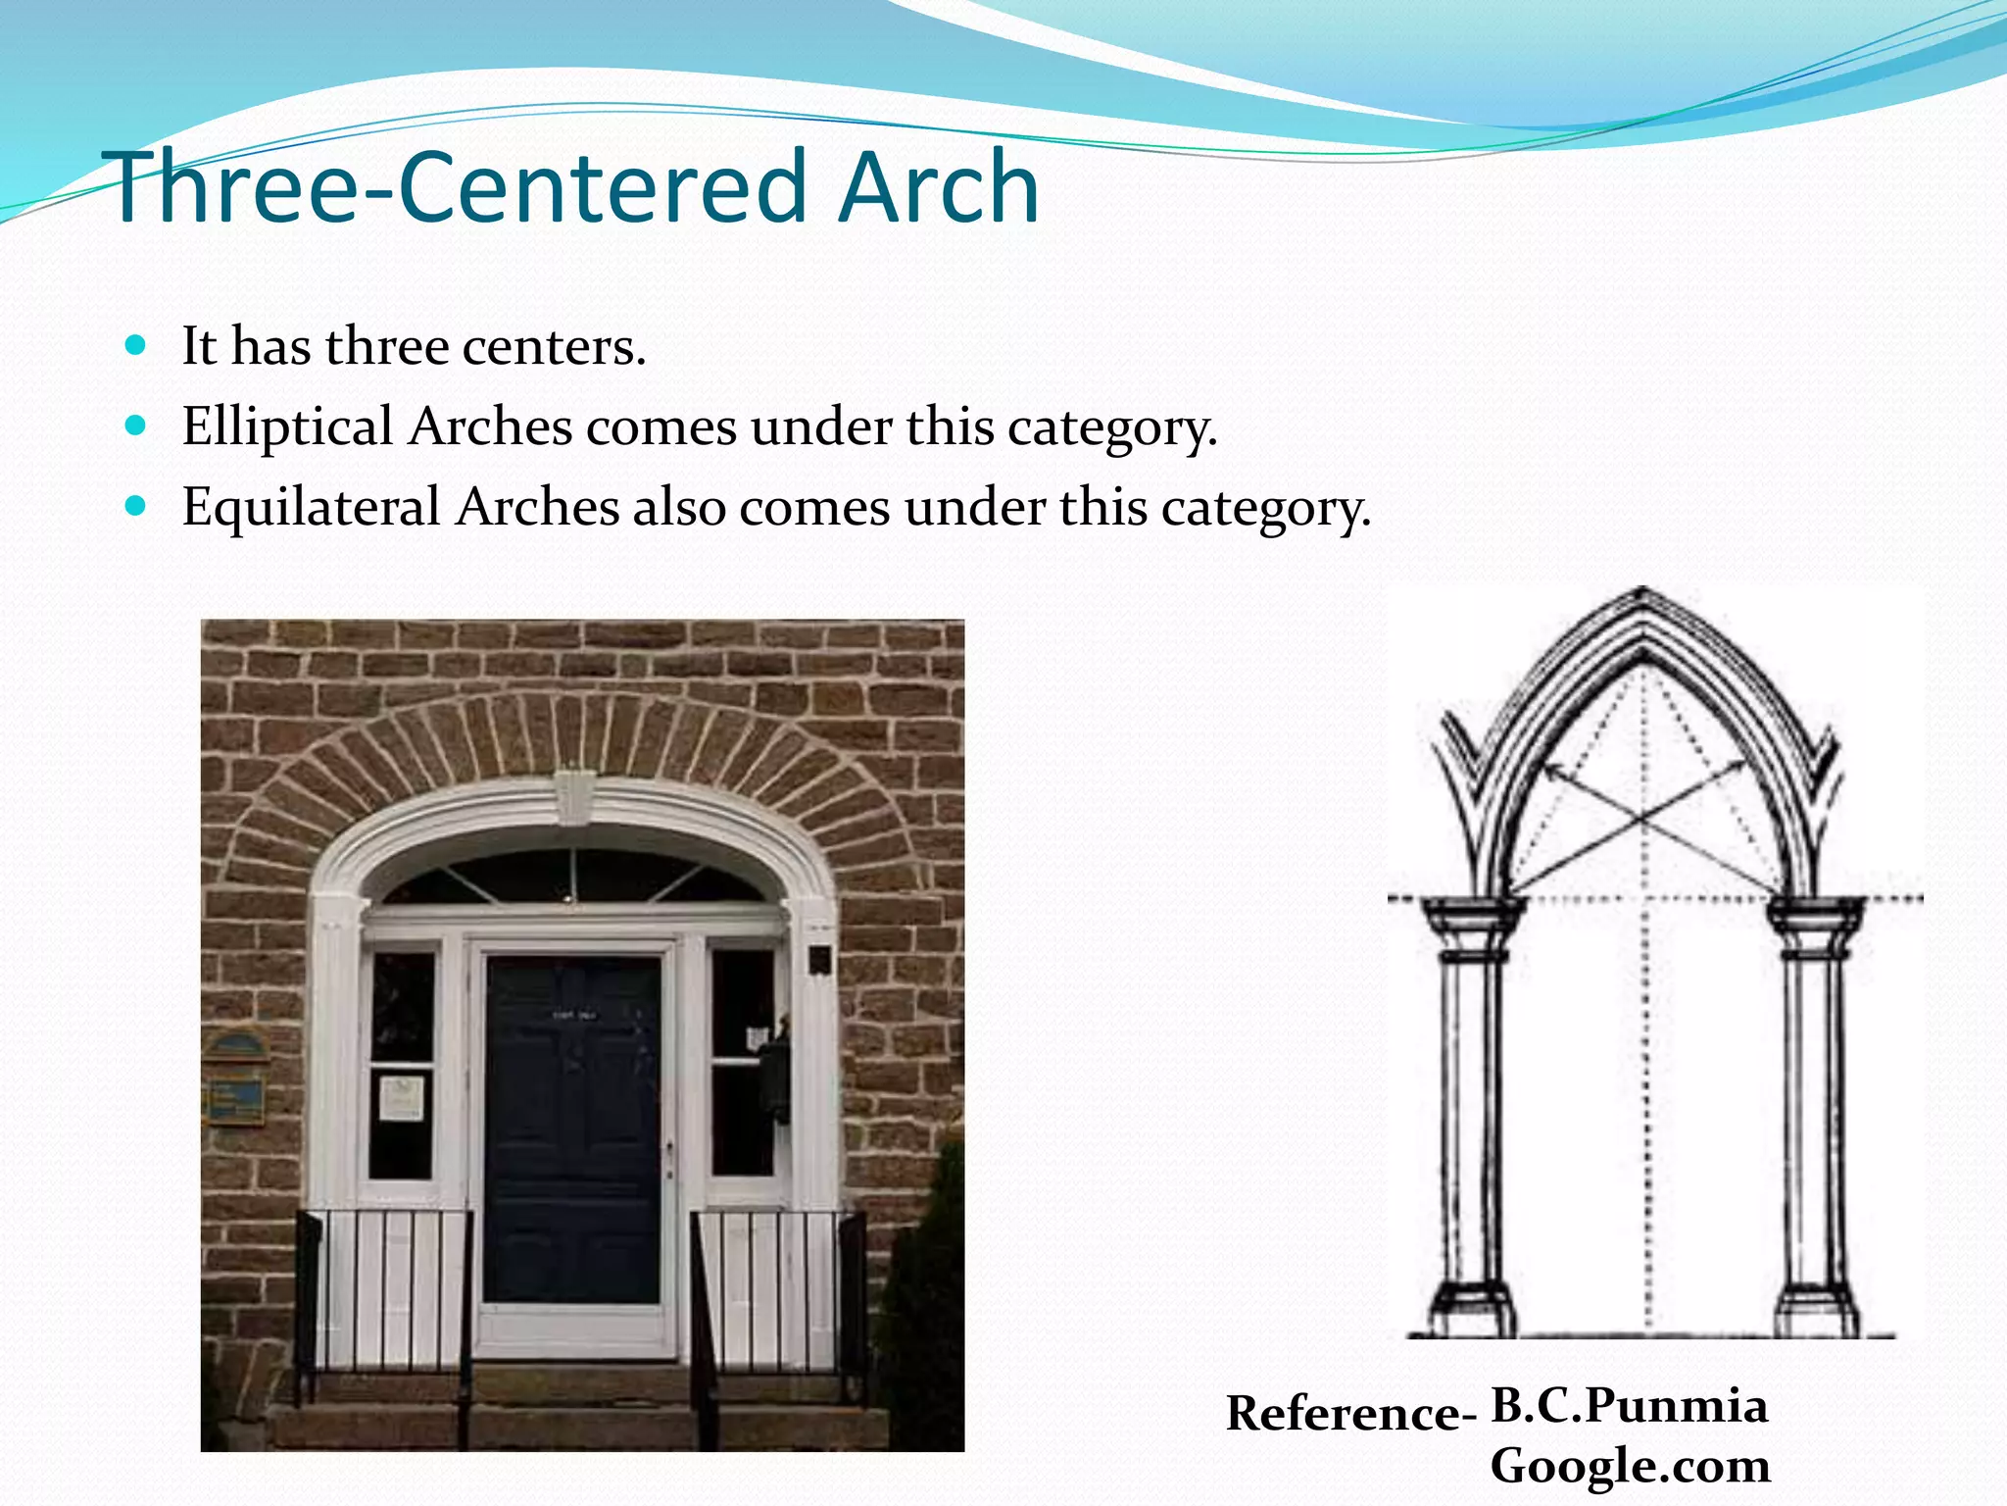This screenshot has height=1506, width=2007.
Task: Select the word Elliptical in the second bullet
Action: (x=287, y=427)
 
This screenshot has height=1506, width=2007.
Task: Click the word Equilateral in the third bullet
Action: (x=311, y=507)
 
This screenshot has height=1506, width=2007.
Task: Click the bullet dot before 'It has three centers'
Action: (x=136, y=345)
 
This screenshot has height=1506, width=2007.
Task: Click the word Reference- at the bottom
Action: (x=1350, y=1413)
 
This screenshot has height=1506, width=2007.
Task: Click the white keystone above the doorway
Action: (x=573, y=796)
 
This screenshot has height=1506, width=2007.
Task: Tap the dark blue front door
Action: (x=573, y=1128)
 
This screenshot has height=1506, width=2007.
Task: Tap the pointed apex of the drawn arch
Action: (x=1643, y=591)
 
